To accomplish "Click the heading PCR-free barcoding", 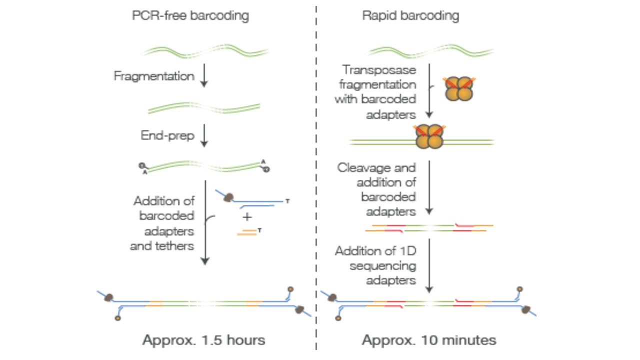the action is [190, 15].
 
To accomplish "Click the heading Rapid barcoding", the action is [410, 15].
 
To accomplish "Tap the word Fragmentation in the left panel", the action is [154, 76].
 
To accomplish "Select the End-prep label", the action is [167, 135].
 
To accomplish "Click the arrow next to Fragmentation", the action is [204, 75].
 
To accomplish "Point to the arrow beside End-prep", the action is [204, 135].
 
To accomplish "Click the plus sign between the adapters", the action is [247, 217].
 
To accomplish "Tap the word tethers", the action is [174, 246].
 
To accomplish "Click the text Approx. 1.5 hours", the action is [203, 340].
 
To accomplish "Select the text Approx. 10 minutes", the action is [429, 340].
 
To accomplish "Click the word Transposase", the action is [379, 70].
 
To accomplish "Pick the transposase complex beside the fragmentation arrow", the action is [459, 88].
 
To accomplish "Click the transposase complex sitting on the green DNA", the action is [429, 136].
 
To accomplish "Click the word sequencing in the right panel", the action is [383, 266].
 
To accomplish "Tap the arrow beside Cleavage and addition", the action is [429, 187].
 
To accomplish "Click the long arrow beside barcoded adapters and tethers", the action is [205, 223].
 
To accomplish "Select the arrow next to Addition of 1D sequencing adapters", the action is [429, 266].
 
